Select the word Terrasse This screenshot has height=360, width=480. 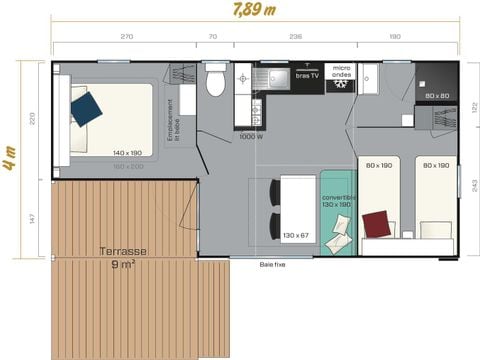tap(125, 252)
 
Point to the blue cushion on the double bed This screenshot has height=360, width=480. tap(86, 106)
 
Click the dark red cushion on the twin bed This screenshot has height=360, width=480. tap(377, 223)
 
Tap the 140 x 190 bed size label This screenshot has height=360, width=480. tap(128, 153)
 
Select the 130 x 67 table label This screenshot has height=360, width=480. tap(296, 236)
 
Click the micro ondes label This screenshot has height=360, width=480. tap(342, 74)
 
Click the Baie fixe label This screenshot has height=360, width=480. tap(271, 264)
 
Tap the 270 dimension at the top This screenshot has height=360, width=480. tap(127, 36)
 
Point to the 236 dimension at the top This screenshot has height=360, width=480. tap(295, 36)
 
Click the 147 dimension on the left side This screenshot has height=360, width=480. tap(32, 217)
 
